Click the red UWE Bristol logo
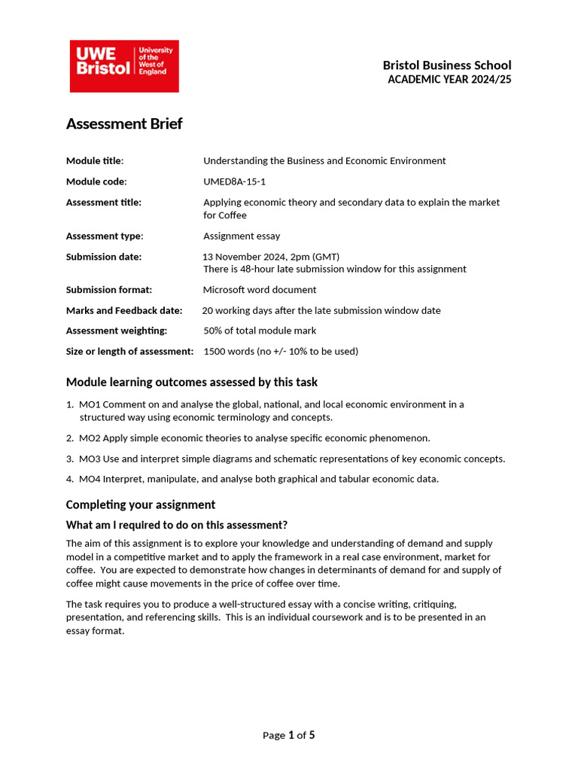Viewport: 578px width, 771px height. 124,66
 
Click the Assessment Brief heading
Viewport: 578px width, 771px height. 124,124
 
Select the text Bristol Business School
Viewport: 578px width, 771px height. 446,66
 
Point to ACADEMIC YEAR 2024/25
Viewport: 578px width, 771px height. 449,80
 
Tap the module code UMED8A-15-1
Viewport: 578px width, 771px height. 234,181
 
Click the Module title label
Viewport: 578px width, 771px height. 95,160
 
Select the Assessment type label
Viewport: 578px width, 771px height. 105,236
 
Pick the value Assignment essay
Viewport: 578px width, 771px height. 242,236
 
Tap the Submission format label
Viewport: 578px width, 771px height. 109,290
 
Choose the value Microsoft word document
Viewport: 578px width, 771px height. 260,290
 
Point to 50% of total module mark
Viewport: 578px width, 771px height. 260,331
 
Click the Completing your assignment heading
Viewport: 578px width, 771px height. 141,504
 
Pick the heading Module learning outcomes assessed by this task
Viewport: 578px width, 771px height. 192,382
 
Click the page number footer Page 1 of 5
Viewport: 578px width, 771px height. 288,735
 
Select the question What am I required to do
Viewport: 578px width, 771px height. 177,525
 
